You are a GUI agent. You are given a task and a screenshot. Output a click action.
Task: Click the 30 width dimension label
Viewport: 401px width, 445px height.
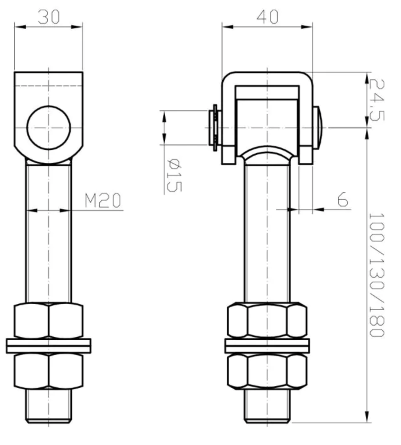(x=49, y=17)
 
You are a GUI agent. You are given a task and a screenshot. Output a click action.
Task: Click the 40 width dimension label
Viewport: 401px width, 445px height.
(x=267, y=17)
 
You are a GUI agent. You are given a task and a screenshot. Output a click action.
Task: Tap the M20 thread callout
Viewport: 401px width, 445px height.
(x=103, y=200)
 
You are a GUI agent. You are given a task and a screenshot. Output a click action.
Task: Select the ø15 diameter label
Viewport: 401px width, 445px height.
(x=174, y=175)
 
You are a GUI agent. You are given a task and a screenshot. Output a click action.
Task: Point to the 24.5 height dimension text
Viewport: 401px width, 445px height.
(x=376, y=100)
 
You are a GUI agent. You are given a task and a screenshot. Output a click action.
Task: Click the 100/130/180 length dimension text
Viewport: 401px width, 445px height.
(x=376, y=275)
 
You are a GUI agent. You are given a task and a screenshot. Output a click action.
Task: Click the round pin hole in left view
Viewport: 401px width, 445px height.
(x=49, y=128)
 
